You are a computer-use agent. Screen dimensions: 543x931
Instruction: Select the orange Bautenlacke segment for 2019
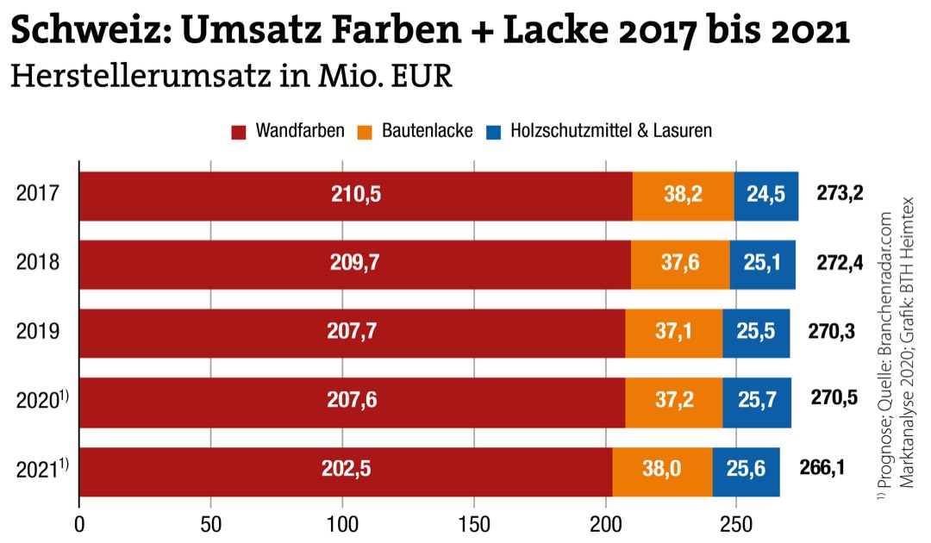(x=673, y=333)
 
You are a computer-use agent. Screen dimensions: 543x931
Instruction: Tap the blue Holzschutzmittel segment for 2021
(x=747, y=471)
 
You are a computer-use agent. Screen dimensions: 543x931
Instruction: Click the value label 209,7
(x=355, y=264)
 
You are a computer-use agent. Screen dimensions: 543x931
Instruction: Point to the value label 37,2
(x=673, y=402)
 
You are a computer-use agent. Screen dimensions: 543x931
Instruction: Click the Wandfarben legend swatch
(x=240, y=132)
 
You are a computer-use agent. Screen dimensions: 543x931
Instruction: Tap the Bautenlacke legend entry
(x=417, y=132)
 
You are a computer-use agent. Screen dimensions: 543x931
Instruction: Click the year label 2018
(x=38, y=264)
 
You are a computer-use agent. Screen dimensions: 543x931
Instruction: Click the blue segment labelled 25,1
(x=762, y=264)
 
